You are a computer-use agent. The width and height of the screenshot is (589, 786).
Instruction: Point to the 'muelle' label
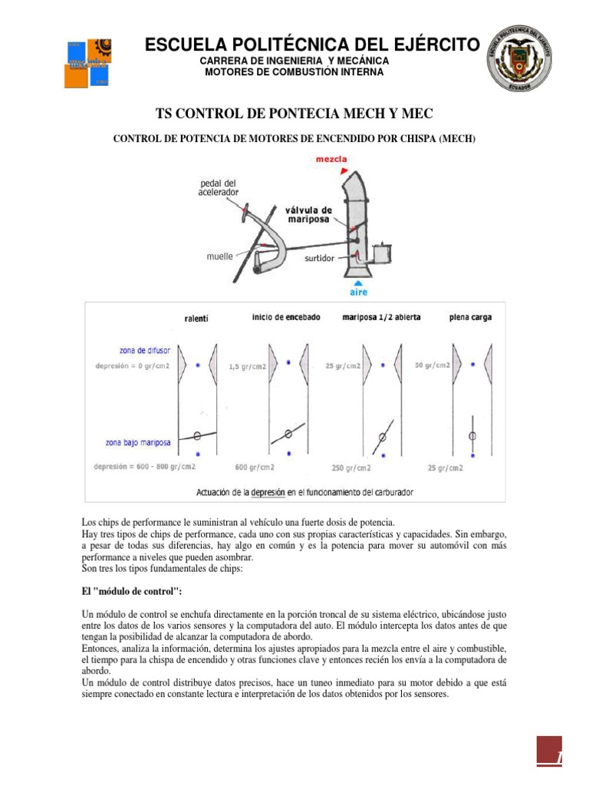click(219, 256)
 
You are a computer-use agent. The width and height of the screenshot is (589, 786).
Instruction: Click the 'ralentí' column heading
click(197, 318)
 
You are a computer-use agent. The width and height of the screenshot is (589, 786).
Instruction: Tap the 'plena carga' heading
click(471, 317)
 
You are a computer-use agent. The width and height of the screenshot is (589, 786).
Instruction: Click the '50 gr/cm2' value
click(433, 365)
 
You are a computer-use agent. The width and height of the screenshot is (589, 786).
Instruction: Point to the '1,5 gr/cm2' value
click(247, 367)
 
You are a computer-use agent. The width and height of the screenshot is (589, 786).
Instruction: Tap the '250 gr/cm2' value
click(351, 467)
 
